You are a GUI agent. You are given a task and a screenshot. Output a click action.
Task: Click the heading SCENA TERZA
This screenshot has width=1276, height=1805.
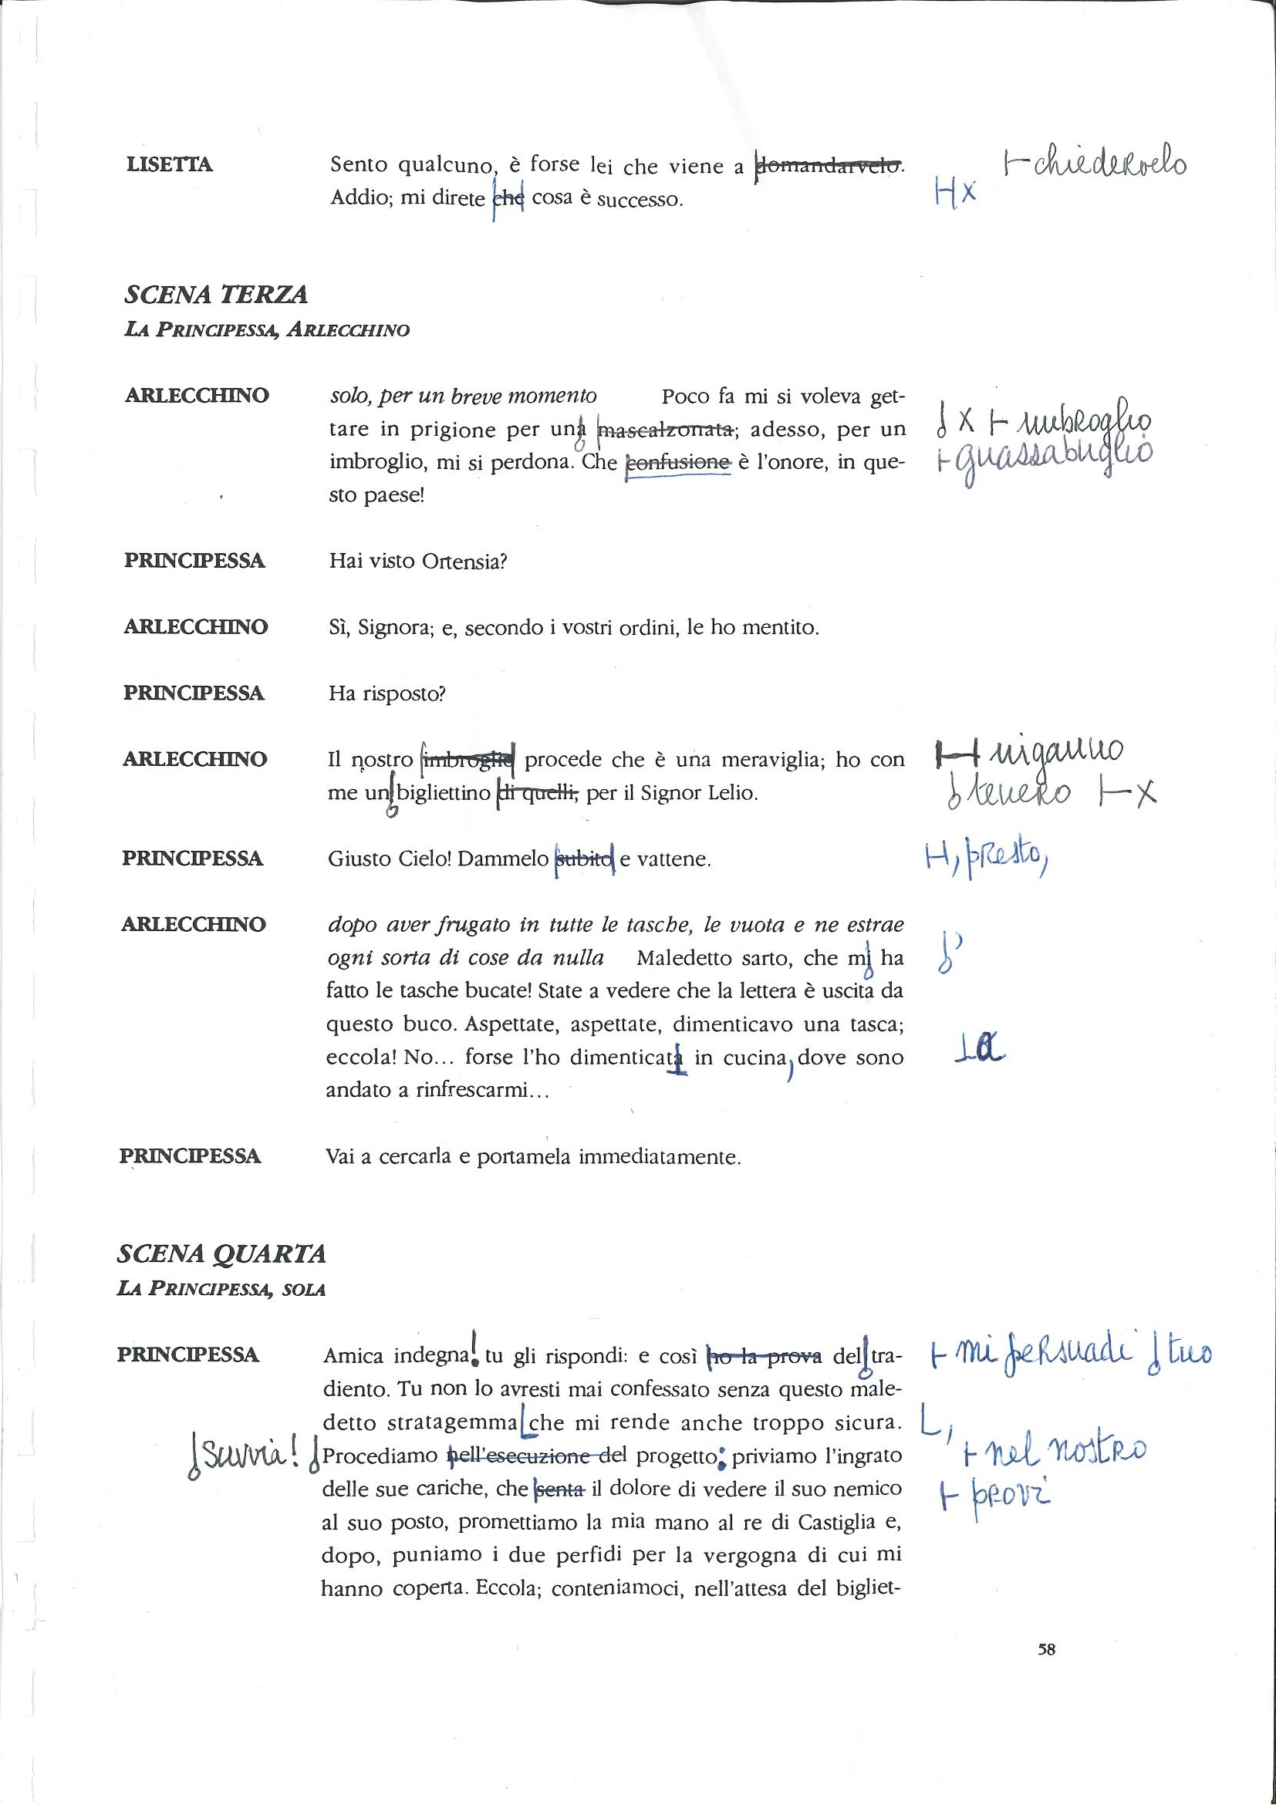216,295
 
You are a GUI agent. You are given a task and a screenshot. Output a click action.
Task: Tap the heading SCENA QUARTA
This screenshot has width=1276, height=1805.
221,1253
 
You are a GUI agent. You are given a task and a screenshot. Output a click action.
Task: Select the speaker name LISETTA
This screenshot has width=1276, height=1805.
169,165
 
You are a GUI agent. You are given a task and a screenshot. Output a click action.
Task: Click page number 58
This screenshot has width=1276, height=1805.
1045,1649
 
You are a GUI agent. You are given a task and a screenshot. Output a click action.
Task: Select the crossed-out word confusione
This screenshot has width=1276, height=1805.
677,463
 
